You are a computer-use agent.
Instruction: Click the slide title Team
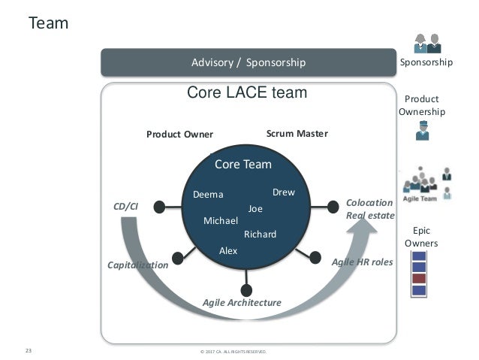[x=48, y=24]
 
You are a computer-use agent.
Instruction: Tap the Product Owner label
[x=179, y=135]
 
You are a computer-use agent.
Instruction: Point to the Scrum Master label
[x=297, y=134]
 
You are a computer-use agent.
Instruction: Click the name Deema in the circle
[x=208, y=195]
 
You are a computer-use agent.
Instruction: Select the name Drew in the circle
[x=283, y=192]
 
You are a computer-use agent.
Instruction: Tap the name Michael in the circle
[x=221, y=221]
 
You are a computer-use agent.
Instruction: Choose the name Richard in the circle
[x=261, y=234]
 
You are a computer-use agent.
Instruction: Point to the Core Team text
[x=243, y=164]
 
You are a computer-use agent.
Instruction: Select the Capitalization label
[x=137, y=265]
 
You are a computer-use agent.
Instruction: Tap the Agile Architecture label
[x=242, y=302]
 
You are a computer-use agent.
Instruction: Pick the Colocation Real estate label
[x=369, y=209]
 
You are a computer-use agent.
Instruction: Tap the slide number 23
[x=29, y=350]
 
